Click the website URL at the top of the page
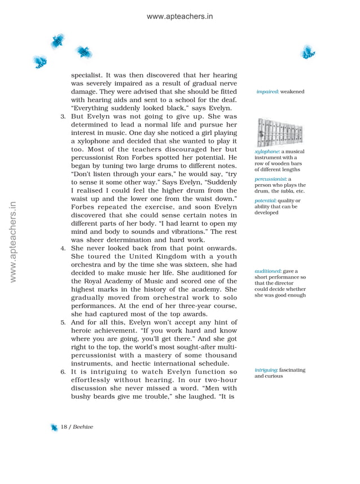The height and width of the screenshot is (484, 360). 179,17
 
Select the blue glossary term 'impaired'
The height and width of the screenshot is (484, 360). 267,91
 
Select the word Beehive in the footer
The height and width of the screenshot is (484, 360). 82,427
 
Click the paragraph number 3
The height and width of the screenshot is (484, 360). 63,116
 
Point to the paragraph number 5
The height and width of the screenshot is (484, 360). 63,322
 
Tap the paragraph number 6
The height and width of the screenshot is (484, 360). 63,373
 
